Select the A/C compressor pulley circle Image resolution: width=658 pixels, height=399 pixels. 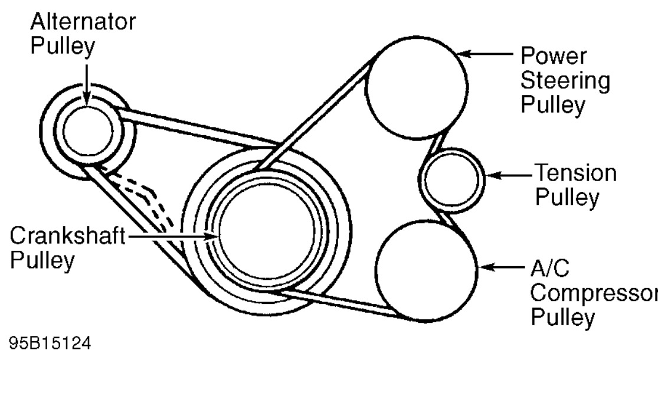click(425, 269)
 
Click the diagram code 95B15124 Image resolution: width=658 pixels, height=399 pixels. click(50, 343)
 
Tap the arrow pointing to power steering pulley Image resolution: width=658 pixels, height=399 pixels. click(484, 54)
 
